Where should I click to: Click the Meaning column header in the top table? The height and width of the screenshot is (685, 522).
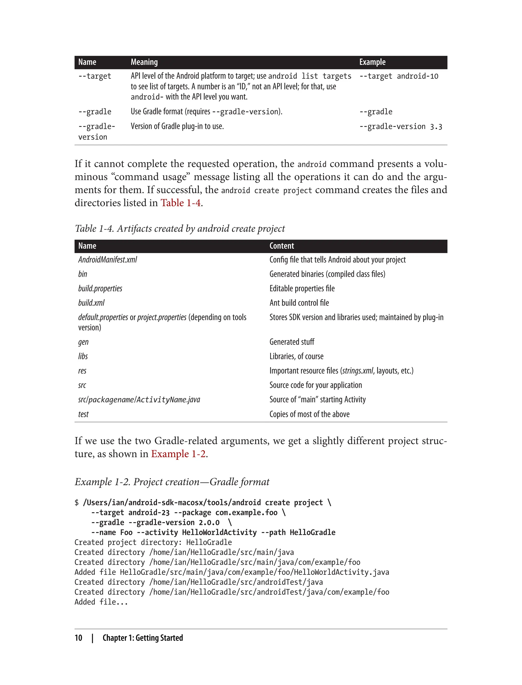tap(144, 62)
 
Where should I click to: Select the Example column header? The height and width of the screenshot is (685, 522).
tap(372, 62)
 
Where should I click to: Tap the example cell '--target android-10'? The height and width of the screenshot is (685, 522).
tap(399, 76)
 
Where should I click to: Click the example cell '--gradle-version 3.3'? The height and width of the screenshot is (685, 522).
tap(400, 126)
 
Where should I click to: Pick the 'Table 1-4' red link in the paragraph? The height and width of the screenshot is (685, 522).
tap(180, 203)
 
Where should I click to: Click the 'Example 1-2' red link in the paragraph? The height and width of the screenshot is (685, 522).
tap(178, 454)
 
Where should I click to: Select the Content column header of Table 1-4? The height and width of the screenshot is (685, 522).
tap(281, 246)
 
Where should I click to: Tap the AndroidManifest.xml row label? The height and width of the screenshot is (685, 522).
tap(108, 260)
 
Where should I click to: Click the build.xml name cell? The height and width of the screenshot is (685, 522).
tap(91, 303)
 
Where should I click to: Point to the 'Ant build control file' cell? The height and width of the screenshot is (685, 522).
tap(299, 303)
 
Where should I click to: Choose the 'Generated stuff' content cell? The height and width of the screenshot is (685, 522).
tap(292, 342)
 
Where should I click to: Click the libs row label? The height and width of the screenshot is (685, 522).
tap(83, 356)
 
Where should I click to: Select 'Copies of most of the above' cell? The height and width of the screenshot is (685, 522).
tap(309, 414)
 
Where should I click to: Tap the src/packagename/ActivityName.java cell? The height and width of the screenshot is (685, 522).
tap(139, 400)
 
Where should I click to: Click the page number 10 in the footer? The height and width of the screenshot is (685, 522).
tap(78, 638)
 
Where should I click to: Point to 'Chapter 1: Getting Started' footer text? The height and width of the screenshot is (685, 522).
tap(143, 638)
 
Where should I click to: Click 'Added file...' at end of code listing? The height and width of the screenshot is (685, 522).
tap(101, 602)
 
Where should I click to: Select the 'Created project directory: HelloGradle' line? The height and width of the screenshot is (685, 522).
tap(153, 542)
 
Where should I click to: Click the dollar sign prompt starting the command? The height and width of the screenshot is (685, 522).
tap(76, 503)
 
